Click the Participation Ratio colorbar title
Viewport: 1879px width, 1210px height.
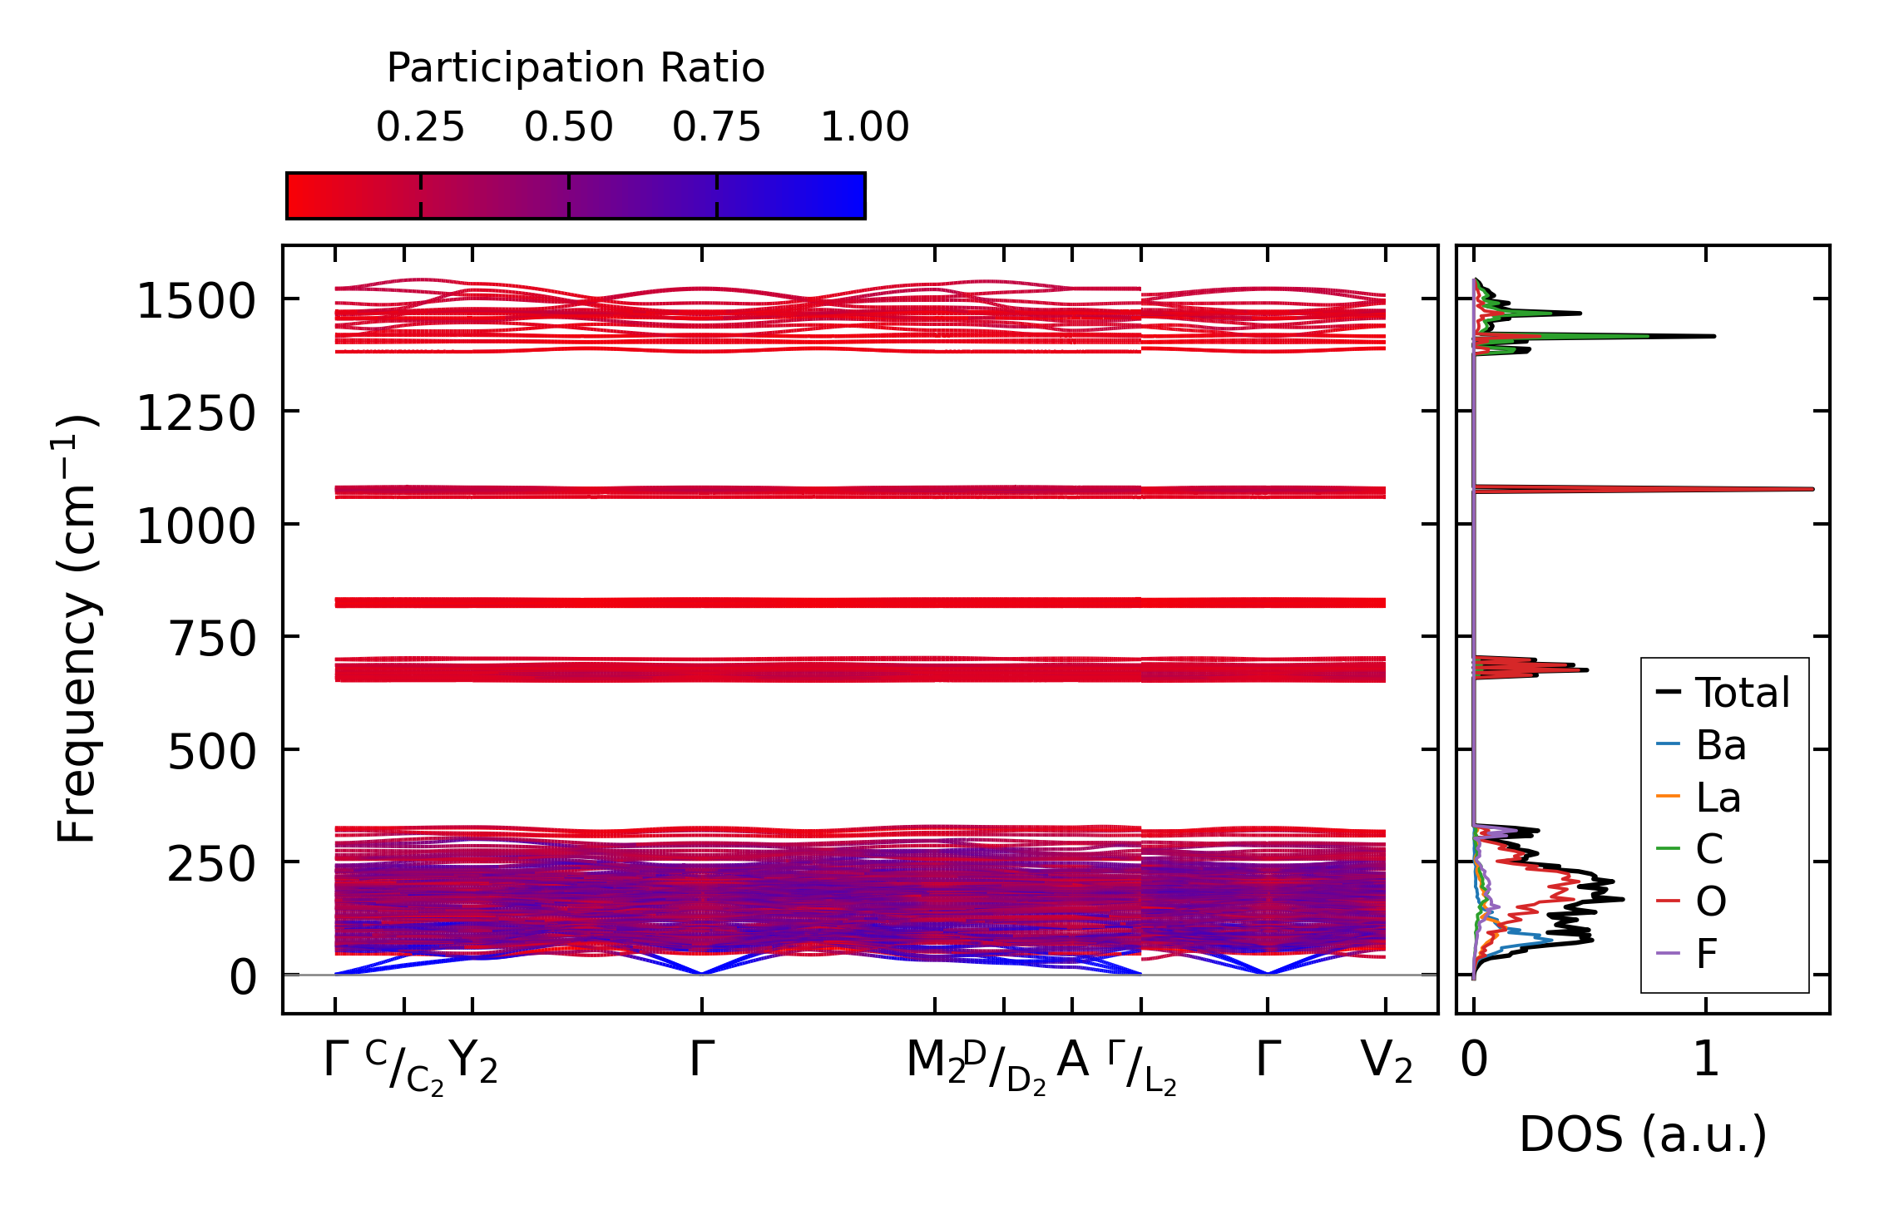(576, 68)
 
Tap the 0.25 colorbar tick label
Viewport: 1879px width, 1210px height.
(420, 127)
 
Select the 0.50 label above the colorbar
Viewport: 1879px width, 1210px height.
(568, 127)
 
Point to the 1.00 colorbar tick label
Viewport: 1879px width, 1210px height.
(864, 127)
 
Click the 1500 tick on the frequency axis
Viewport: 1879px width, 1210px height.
(196, 301)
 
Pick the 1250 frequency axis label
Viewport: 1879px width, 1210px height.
(196, 413)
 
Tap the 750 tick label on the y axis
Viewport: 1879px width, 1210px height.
(211, 640)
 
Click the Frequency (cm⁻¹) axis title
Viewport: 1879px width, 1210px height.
(77, 629)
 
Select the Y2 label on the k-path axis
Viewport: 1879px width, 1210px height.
(473, 1062)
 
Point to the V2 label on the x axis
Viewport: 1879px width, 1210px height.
(1386, 1062)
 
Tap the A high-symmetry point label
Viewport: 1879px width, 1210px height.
(1072, 1060)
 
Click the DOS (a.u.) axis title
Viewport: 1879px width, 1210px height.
(1643, 1134)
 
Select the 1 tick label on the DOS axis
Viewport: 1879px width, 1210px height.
(1706, 1060)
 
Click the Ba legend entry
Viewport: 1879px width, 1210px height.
(1720, 745)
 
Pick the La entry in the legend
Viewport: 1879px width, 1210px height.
(1718, 798)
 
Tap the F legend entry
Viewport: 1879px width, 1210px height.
(1707, 953)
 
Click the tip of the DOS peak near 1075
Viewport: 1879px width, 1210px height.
(1812, 489)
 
